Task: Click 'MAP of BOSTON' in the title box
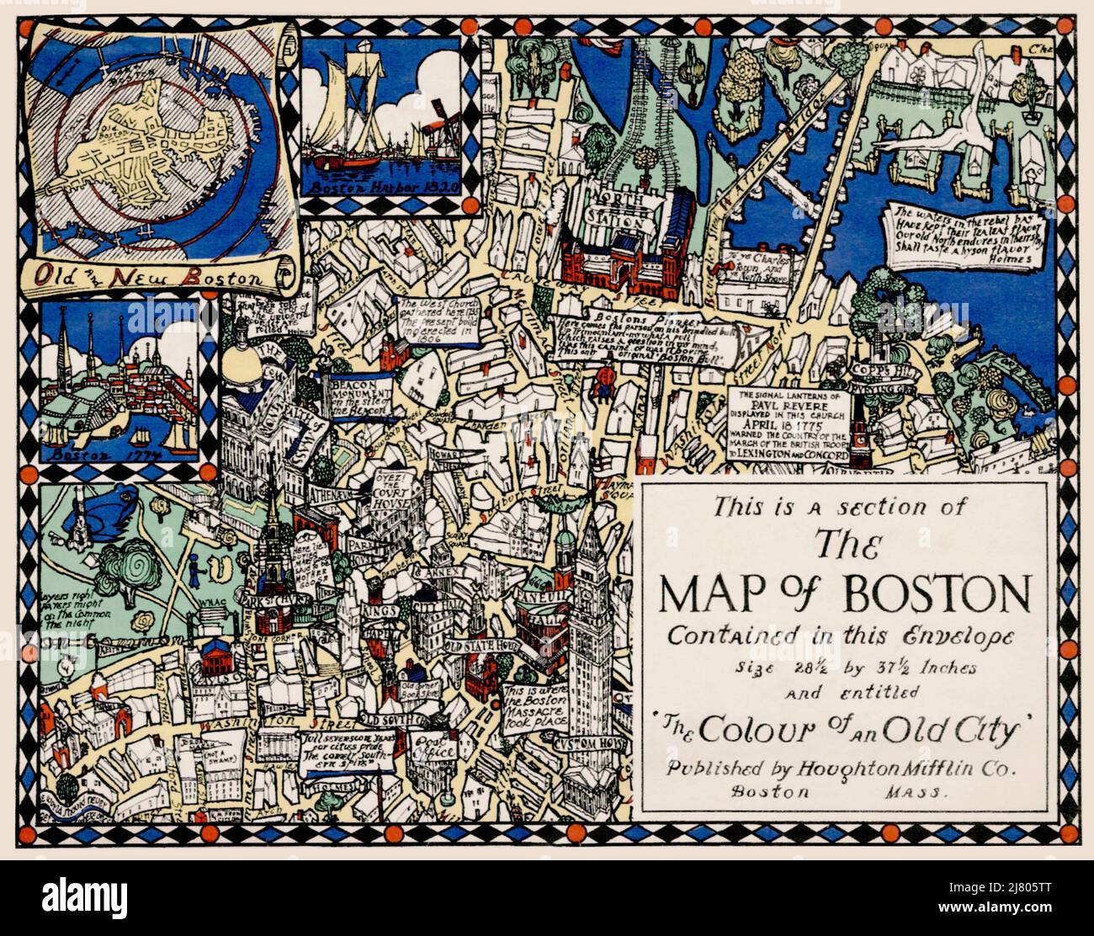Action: pyautogui.click(x=844, y=594)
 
